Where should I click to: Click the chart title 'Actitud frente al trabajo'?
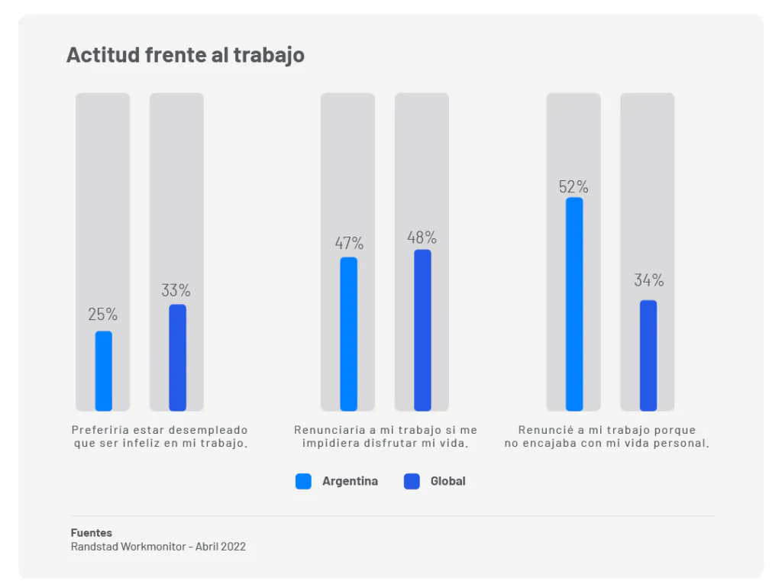pyautogui.click(x=185, y=55)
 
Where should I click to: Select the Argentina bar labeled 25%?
pyautogui.click(x=103, y=371)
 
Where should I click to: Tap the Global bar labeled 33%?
pyautogui.click(x=177, y=357)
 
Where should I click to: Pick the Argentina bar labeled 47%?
pyautogui.click(x=348, y=334)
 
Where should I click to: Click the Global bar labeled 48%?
pyautogui.click(x=422, y=330)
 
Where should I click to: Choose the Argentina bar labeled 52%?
pyautogui.click(x=574, y=304)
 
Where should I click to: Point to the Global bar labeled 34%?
pyautogui.click(x=648, y=355)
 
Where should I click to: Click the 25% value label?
pyautogui.click(x=103, y=315)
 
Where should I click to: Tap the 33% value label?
pyautogui.click(x=176, y=291)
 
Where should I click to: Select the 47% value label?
pyautogui.click(x=349, y=244)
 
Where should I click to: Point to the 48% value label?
pyautogui.click(x=422, y=237)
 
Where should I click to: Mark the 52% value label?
pyautogui.click(x=574, y=187)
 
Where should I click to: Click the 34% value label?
pyautogui.click(x=648, y=280)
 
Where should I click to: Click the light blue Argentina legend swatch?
pyautogui.click(x=303, y=481)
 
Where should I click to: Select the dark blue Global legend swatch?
pyautogui.click(x=412, y=481)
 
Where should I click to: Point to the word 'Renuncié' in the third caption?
pyautogui.click(x=544, y=431)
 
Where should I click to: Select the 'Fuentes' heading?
pyautogui.click(x=91, y=533)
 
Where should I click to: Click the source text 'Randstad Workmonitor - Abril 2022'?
pyautogui.click(x=158, y=547)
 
